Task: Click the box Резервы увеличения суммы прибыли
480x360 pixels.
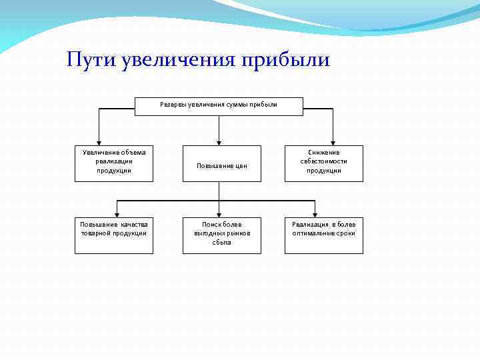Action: coord(219,105)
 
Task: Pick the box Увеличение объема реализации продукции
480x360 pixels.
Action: coord(114,163)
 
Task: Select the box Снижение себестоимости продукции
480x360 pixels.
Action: coord(324,163)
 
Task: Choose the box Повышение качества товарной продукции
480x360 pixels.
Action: coord(114,235)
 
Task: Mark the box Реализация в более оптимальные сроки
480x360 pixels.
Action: coord(324,235)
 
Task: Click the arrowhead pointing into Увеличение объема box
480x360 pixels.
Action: coord(99,141)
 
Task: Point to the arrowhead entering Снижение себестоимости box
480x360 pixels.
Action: coord(333,141)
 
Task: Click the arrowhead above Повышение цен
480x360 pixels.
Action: coord(219,141)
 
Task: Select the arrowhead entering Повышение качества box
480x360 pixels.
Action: coord(118,213)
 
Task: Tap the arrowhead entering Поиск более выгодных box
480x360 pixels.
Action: coord(219,213)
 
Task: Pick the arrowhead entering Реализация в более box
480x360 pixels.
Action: coord(315,213)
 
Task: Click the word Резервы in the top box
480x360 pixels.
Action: coord(173,105)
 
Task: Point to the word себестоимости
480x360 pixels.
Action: coord(324,161)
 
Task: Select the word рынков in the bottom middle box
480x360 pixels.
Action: coord(237,233)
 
